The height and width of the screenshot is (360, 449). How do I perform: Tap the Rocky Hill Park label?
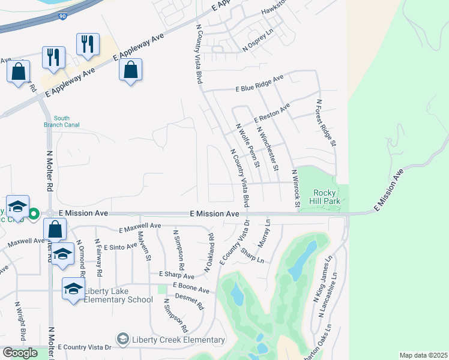point(327,197)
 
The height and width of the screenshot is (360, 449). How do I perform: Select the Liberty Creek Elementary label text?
point(179,340)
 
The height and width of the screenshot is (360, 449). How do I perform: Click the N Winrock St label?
point(295,189)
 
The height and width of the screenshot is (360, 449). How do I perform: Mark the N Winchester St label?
point(267,148)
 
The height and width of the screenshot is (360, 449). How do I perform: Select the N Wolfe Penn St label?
point(247,146)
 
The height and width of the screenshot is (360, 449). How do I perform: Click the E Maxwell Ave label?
point(140,227)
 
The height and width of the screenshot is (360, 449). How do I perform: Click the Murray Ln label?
point(266,230)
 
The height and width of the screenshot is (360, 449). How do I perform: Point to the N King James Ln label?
point(322,281)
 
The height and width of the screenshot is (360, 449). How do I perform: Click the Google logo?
point(20,353)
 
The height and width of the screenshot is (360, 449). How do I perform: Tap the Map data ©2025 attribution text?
point(423,355)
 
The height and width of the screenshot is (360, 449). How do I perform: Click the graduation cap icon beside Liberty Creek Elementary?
point(124,340)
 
